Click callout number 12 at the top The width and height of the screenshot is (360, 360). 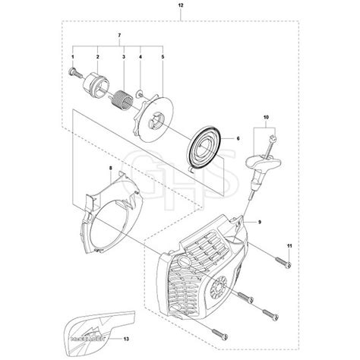(x=180, y=6)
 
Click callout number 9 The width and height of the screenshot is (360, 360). (x=261, y=222)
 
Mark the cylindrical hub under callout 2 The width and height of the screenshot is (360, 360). (x=98, y=84)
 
